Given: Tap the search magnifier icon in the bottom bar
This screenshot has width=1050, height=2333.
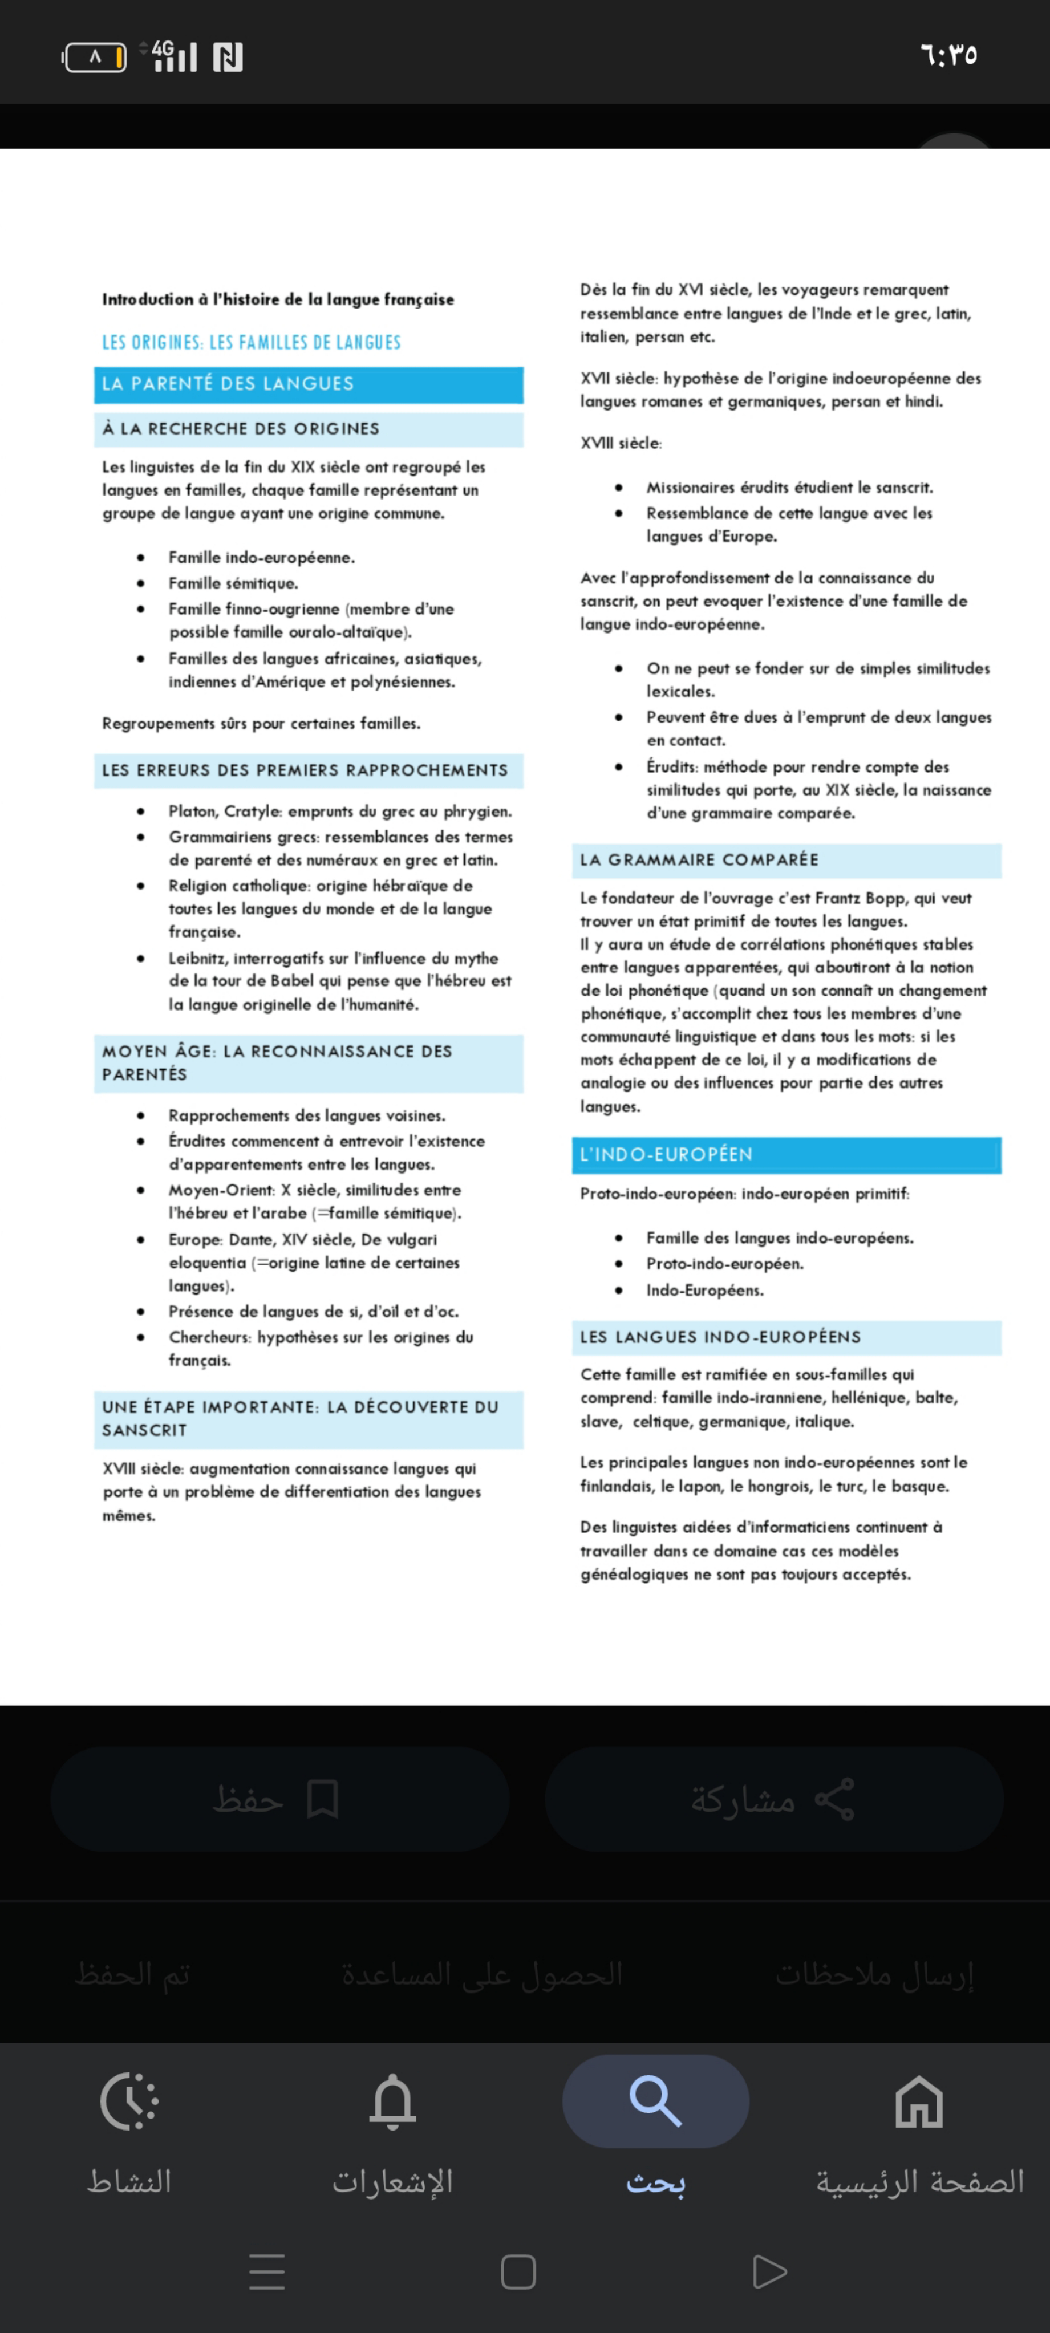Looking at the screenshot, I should [x=655, y=2100].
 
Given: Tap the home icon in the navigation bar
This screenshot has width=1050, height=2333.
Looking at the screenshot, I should [x=919, y=2100].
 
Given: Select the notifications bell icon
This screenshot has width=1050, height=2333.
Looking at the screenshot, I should [x=392, y=2100].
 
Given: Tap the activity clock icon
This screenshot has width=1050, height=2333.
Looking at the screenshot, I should [x=129, y=2100].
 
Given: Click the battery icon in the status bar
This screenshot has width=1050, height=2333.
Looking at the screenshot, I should [x=94, y=57].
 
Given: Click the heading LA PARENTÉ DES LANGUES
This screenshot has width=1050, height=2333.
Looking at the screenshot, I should [x=228, y=384].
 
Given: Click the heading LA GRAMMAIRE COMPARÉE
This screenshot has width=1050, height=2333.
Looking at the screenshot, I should [x=699, y=859].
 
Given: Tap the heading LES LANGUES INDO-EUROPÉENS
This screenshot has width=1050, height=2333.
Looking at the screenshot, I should [x=720, y=1337].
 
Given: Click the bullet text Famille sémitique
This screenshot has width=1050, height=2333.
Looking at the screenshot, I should [x=233, y=583].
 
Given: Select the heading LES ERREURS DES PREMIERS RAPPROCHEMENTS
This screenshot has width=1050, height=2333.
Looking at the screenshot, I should [x=305, y=770].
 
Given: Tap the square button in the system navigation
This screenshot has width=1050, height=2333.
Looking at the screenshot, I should [x=518, y=2271].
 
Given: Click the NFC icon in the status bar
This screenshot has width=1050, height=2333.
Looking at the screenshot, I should [x=228, y=57].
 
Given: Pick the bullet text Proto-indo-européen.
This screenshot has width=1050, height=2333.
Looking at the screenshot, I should [x=724, y=1263].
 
